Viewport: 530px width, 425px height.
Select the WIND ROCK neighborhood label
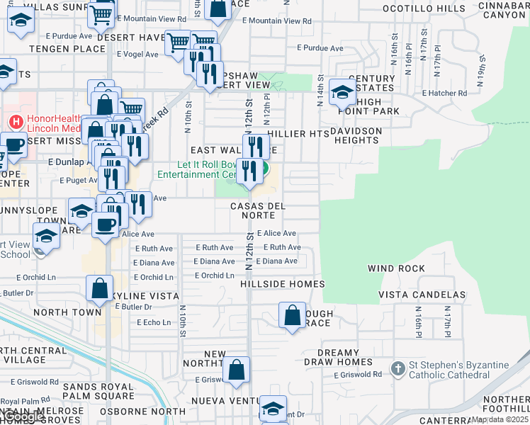click(x=396, y=268)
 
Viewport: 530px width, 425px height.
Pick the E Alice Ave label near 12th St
click(x=276, y=233)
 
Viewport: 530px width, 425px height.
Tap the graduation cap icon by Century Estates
click(x=342, y=92)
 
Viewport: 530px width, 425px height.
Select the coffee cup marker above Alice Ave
click(x=106, y=225)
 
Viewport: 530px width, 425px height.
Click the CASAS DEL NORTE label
click(x=258, y=210)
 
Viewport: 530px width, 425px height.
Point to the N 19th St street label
click(x=481, y=73)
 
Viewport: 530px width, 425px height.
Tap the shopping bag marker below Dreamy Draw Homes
click(x=237, y=370)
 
